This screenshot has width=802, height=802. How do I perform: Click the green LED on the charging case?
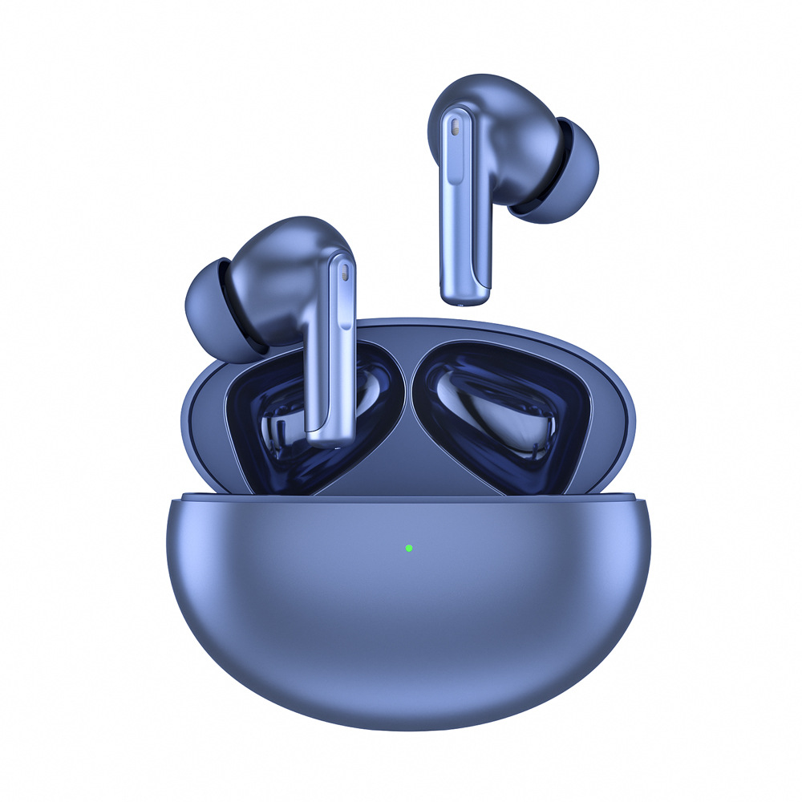pyautogui.click(x=409, y=549)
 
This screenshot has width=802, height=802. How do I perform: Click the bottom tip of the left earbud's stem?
pyautogui.click(x=331, y=441)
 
